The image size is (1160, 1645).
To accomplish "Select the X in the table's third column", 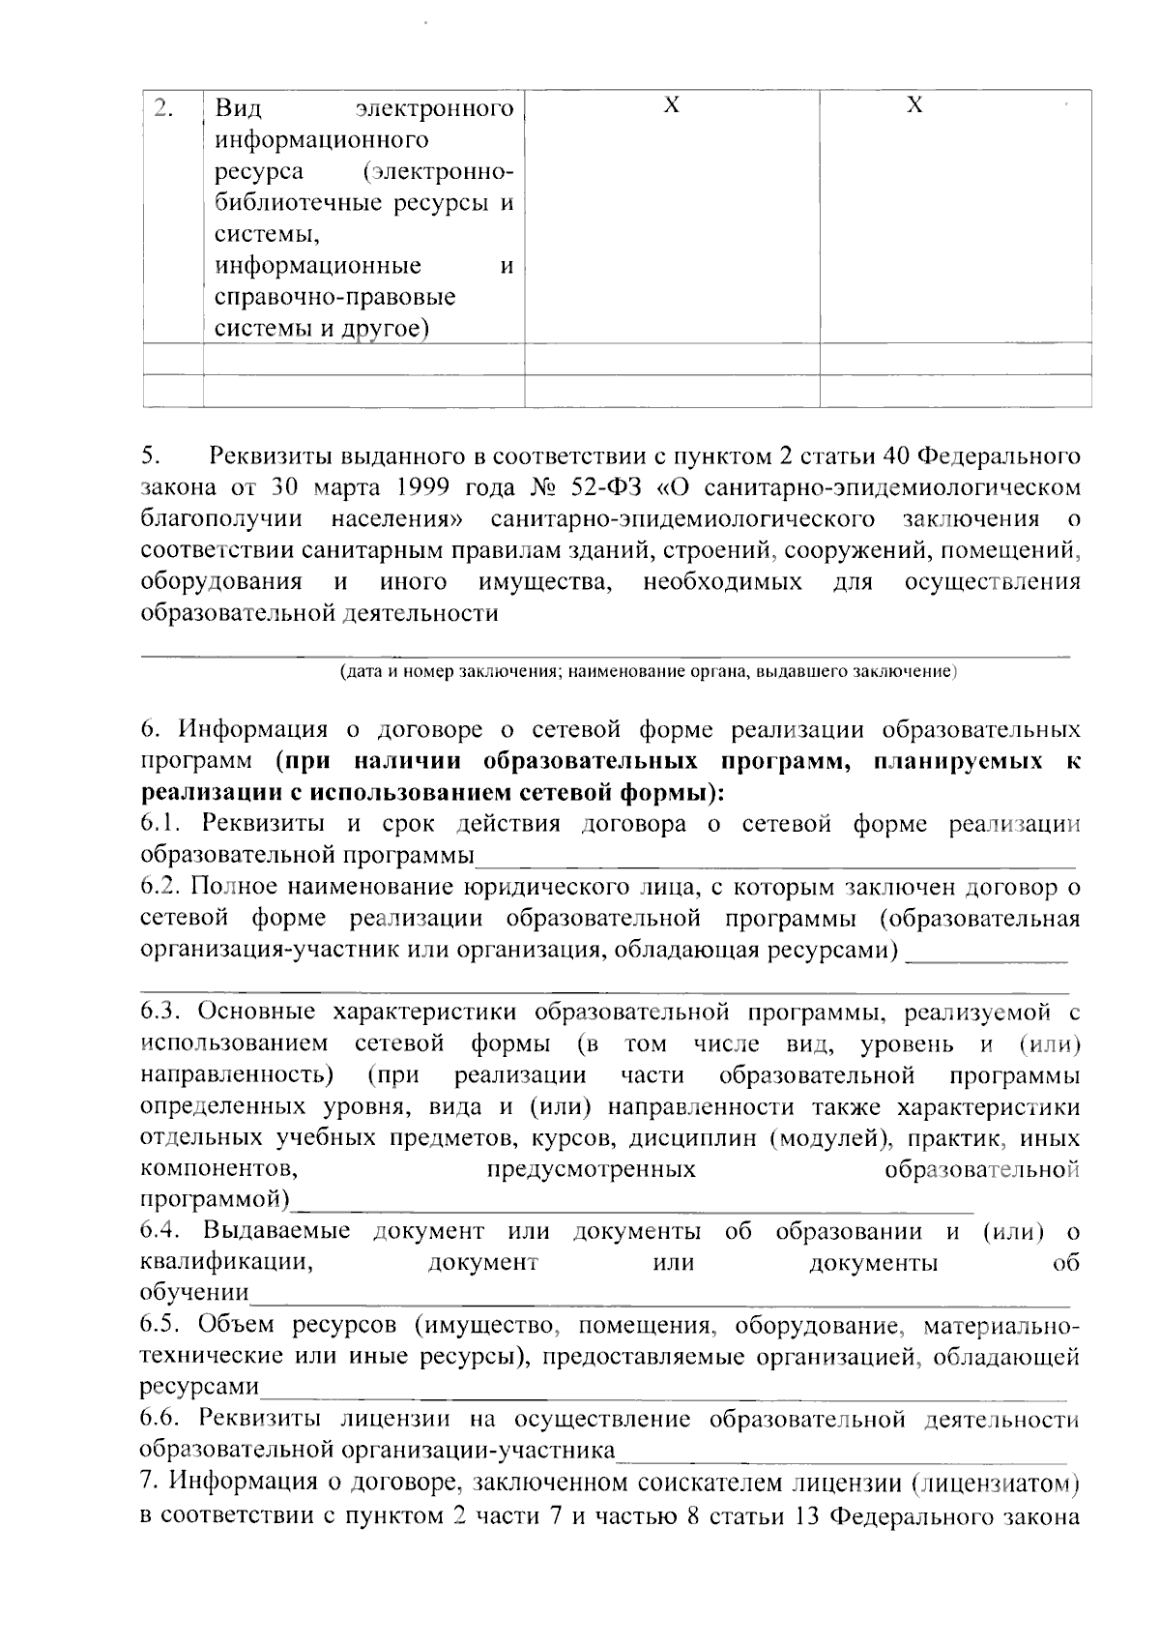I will pyautogui.click(x=672, y=105).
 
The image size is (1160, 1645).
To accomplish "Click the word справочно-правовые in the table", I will pyautogui.click(x=335, y=296).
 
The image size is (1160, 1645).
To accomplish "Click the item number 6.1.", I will pyautogui.click(x=160, y=824).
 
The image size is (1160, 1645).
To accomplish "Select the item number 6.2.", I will pyautogui.click(x=160, y=886).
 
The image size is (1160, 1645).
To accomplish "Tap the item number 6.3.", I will pyautogui.click(x=160, y=1012).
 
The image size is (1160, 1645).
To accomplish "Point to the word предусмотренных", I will pyautogui.click(x=591, y=1169).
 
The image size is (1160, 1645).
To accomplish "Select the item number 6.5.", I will pyautogui.click(x=160, y=1325).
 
